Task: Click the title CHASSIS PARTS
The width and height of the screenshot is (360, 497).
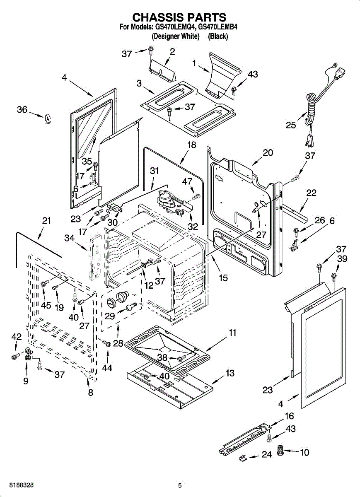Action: [x=179, y=17]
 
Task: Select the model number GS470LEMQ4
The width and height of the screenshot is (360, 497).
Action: [x=175, y=27]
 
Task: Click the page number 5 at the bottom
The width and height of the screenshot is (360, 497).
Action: [x=180, y=485]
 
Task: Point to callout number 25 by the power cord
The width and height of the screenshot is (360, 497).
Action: [x=291, y=125]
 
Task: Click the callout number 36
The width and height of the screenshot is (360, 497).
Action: [x=22, y=110]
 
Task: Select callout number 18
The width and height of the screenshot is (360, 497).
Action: [x=191, y=145]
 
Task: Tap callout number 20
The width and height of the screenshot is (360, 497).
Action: [x=268, y=152]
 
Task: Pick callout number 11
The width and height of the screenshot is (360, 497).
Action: [x=232, y=333]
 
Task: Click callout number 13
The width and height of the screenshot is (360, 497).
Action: [x=230, y=374]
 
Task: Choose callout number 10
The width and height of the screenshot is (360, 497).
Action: [x=304, y=452]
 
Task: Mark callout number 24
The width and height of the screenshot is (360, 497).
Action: [x=267, y=455]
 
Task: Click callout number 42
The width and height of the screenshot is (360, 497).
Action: [x=16, y=337]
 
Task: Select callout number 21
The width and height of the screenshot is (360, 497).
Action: [x=46, y=221]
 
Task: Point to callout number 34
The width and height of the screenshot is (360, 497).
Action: [x=69, y=238]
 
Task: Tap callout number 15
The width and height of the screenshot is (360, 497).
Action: [x=223, y=278]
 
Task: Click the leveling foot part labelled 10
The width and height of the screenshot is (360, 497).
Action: [x=280, y=451]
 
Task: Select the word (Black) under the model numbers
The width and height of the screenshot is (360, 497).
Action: [x=218, y=36]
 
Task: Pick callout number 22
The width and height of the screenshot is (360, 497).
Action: [x=312, y=193]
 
